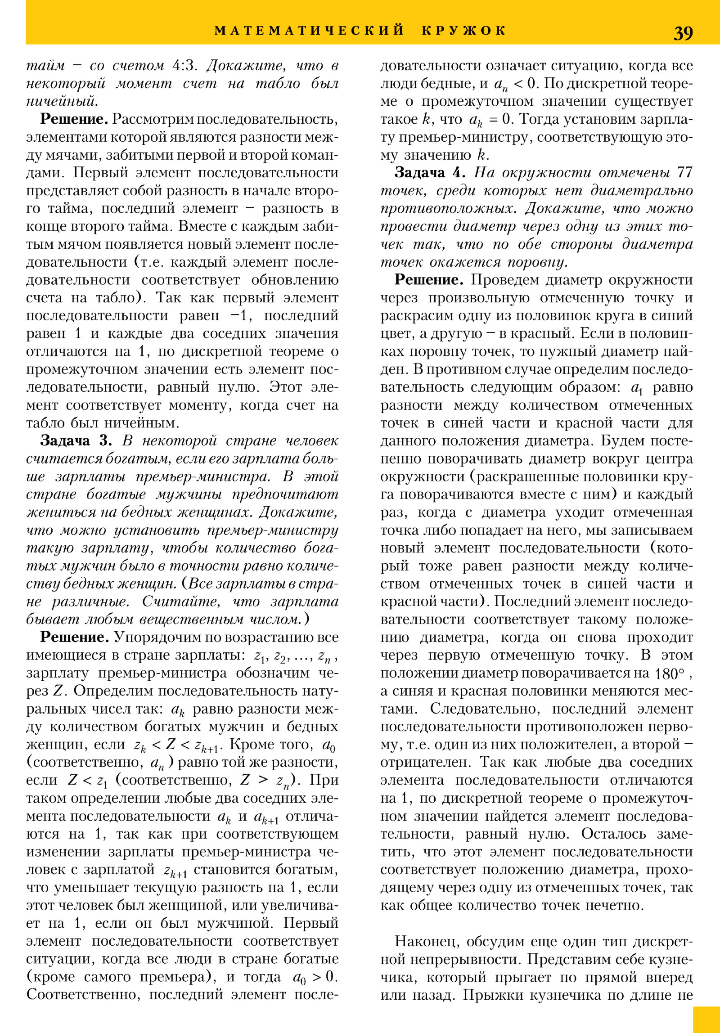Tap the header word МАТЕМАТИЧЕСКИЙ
click(309, 31)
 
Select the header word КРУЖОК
click(464, 31)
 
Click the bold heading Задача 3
click(76, 440)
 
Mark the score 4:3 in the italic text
click(185, 66)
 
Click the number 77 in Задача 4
click(684, 172)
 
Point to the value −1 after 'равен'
click(238, 315)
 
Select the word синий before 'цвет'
click(676, 315)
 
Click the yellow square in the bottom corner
click(706, 1020)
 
